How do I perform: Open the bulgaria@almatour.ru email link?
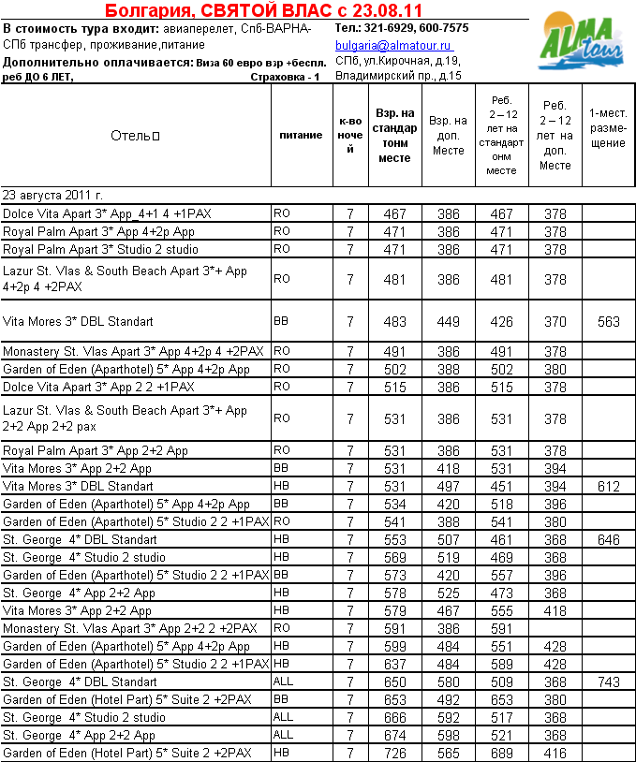[393, 46]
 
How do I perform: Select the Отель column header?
[135, 136]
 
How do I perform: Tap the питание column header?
[301, 136]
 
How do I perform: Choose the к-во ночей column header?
[350, 136]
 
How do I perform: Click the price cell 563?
[608, 322]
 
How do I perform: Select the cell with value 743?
[608, 682]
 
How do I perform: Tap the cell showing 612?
[608, 486]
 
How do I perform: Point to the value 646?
[608, 540]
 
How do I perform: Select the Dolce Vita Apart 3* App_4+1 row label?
[108, 214]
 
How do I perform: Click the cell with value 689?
[502, 754]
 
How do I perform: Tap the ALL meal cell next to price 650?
[283, 682]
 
